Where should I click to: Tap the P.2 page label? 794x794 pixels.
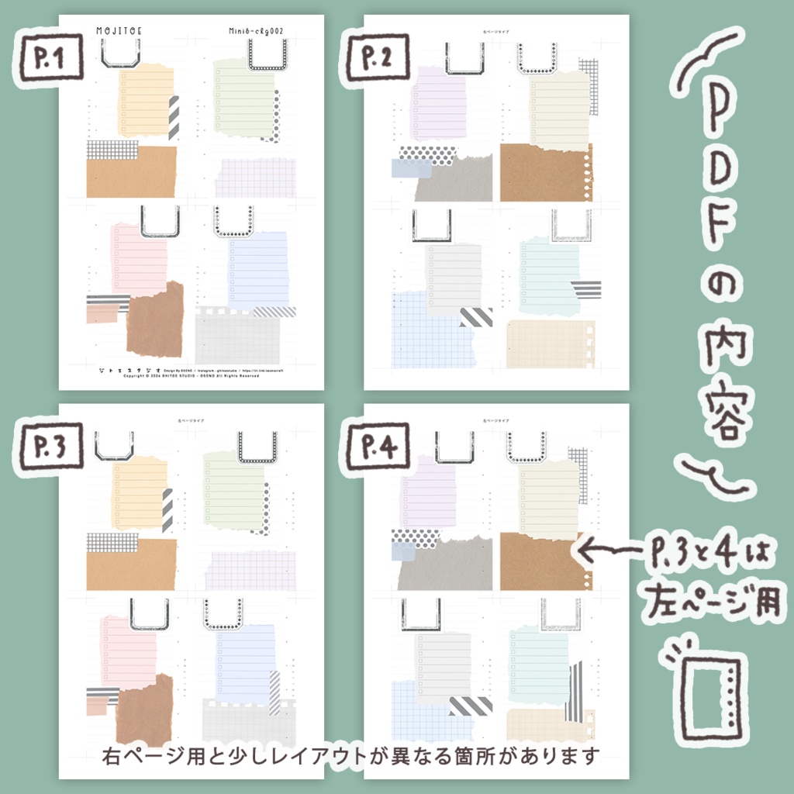377,59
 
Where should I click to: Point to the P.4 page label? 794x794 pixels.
377,448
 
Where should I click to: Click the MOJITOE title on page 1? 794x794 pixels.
119,30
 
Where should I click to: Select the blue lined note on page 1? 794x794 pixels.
257,268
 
